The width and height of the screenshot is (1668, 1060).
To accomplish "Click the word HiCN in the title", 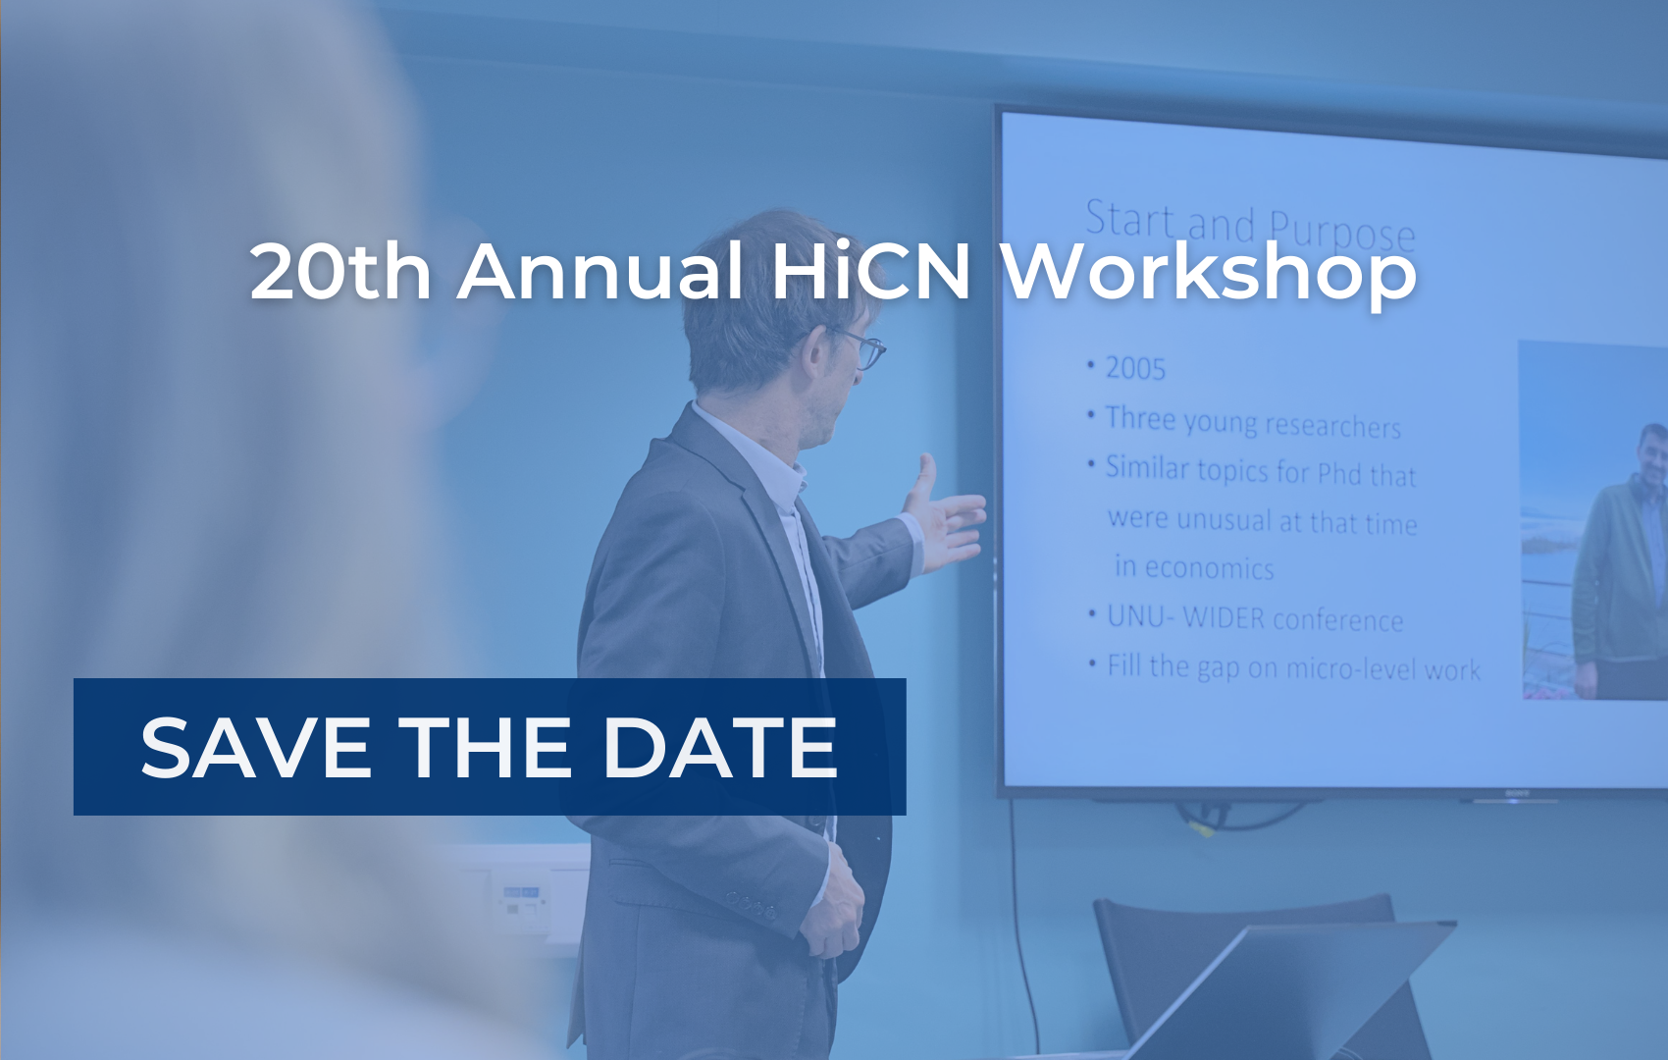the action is [x=870, y=271].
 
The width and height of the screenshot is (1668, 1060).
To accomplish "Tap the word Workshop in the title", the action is [x=1209, y=274].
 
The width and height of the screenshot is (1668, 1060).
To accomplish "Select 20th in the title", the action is [x=340, y=271].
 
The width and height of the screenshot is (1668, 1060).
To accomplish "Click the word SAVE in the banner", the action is [x=255, y=747].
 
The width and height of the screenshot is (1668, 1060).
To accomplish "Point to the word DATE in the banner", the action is [x=719, y=747].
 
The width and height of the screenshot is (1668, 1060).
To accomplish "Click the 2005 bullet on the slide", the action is [x=1135, y=369].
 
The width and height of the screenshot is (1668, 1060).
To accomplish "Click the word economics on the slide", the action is [x=1209, y=568].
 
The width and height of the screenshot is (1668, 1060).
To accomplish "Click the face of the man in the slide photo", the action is [x=1652, y=455].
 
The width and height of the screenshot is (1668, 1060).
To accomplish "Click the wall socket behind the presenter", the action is [x=521, y=900].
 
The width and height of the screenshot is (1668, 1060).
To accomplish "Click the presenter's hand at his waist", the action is [x=835, y=905].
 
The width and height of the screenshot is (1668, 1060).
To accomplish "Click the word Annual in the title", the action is [x=600, y=271].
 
